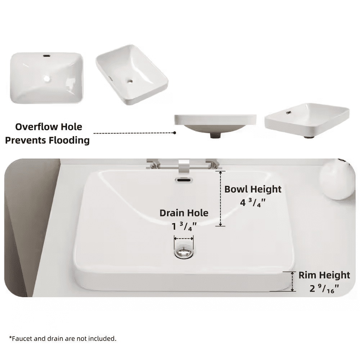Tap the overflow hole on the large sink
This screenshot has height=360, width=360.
pos(184,179)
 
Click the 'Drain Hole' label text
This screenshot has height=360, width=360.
pos(184,213)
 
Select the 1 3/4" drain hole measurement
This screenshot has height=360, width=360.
pos(184,227)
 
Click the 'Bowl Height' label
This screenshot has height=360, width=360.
pos(253,189)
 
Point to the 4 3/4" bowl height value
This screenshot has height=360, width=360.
pos(253,202)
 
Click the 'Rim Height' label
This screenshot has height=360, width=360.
pos(324,275)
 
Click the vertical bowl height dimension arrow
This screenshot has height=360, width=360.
pos(220,199)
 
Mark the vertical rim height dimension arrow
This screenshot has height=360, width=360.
pos(293,282)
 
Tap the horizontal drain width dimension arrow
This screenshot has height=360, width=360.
pos(184,238)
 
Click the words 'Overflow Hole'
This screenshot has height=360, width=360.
pos(49,127)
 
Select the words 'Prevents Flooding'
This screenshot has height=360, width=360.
pos(47,140)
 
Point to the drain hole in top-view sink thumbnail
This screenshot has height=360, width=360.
pos(47,78)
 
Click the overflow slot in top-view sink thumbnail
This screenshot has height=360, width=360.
pos(46,56)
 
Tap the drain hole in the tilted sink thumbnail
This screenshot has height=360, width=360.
pos(130,81)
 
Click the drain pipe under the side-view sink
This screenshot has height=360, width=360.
pos(215,135)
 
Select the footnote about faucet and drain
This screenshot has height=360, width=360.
pos(63,338)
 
